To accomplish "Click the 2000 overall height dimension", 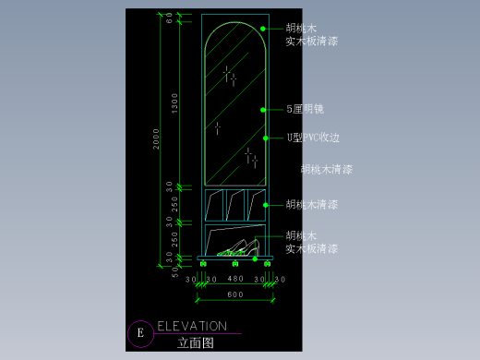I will pyautogui.click(x=158, y=138).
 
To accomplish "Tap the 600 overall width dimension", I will pyautogui.click(x=234, y=294).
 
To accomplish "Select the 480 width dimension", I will pyautogui.click(x=234, y=279).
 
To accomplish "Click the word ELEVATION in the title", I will pyautogui.click(x=192, y=326).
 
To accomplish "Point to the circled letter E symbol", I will pyautogui.click(x=140, y=333).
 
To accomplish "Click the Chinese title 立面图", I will pyautogui.click(x=196, y=342).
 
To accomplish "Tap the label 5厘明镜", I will pyautogui.click(x=305, y=109).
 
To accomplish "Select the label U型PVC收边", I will pyautogui.click(x=313, y=138).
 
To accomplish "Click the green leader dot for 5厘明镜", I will pyautogui.click(x=264, y=109).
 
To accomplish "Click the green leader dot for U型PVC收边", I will pyautogui.click(x=266, y=138).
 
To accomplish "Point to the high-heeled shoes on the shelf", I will pyautogui.click(x=238, y=247).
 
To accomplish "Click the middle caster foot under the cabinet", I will pyautogui.click(x=234, y=265).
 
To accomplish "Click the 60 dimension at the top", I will pyautogui.click(x=170, y=19).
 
